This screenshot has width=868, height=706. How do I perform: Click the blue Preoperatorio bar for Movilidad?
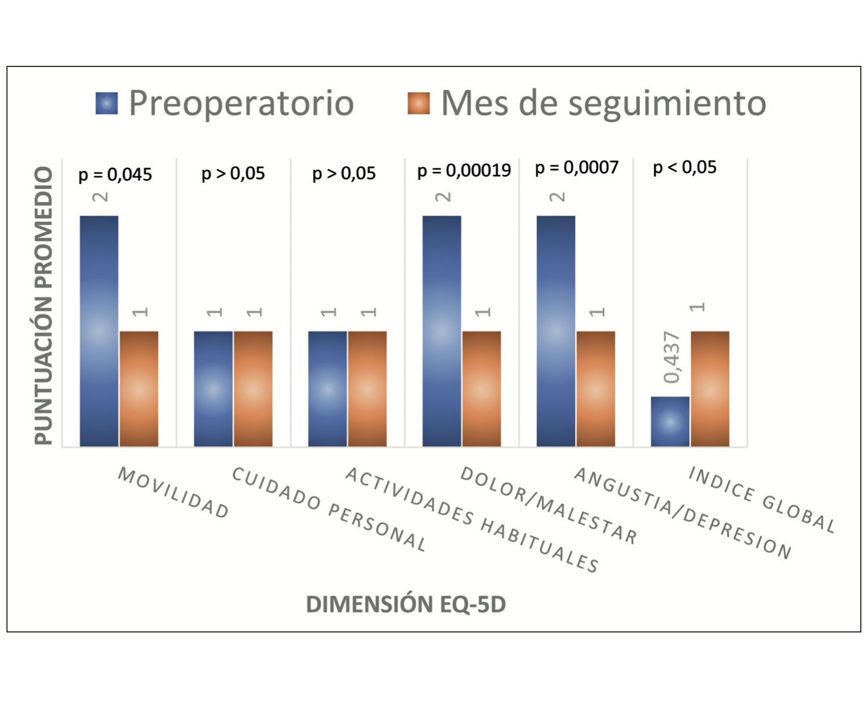pyautogui.click(x=99, y=331)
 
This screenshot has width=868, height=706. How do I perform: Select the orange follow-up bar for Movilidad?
pyautogui.click(x=139, y=389)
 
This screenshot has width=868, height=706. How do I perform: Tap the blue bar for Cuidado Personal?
pyautogui.click(x=213, y=389)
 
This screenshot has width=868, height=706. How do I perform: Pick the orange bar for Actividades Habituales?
pyautogui.click(x=367, y=389)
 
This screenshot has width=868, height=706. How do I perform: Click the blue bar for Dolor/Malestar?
pyautogui.click(x=442, y=331)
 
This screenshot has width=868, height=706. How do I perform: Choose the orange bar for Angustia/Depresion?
pyautogui.click(x=596, y=389)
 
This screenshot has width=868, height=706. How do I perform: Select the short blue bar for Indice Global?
pyautogui.click(x=670, y=421)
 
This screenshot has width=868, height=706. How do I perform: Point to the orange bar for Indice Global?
pyautogui.click(x=710, y=389)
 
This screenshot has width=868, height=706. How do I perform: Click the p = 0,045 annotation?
pyautogui.click(x=115, y=175)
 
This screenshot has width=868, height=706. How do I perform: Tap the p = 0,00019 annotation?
pyautogui.click(x=464, y=171)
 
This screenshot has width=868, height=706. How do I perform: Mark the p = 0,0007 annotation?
pyautogui.click(x=576, y=168)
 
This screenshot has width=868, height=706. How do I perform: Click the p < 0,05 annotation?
pyautogui.click(x=685, y=167)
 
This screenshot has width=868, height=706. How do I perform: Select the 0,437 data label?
pyautogui.click(x=671, y=357)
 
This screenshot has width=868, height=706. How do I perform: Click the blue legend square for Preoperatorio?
pyautogui.click(x=107, y=103)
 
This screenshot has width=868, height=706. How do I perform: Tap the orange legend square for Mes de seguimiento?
pyautogui.click(x=418, y=103)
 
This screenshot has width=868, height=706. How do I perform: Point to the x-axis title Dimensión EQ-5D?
pyautogui.click(x=406, y=604)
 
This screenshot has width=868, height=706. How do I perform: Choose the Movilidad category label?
pyautogui.click(x=173, y=493)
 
